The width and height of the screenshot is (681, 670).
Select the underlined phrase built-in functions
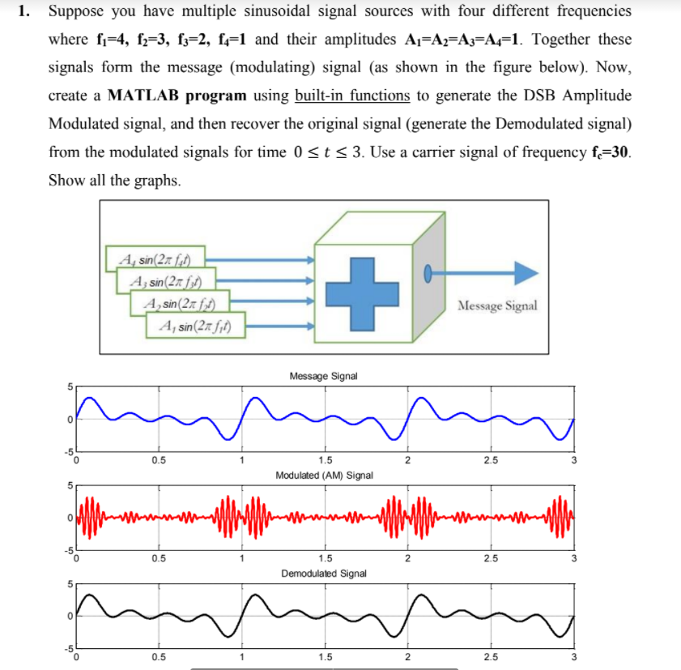pos(352,96)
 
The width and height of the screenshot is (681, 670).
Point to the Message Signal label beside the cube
pos(496,305)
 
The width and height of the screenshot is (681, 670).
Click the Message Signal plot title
pos(323,377)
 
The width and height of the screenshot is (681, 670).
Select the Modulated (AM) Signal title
pos(324,475)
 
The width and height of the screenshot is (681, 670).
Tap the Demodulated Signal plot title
pos(324,574)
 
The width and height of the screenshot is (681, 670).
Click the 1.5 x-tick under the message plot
pos(324,462)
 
